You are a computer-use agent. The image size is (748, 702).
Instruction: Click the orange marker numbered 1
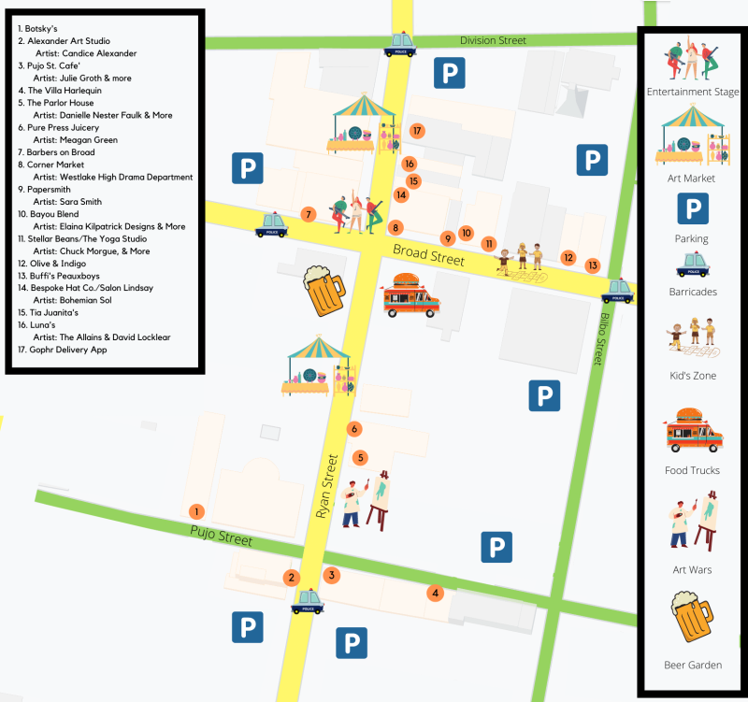[x=196, y=511]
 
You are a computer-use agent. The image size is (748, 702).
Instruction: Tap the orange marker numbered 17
[x=417, y=131]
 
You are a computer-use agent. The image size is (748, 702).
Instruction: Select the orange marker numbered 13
[x=592, y=265]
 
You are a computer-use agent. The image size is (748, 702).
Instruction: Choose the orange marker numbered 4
[x=434, y=593]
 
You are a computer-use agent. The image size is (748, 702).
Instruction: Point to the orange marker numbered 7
[x=308, y=215]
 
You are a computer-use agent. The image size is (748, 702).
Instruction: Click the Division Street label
[x=493, y=41]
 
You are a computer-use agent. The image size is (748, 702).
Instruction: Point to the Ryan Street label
[x=325, y=486]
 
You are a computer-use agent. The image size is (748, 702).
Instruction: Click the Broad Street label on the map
[x=428, y=254]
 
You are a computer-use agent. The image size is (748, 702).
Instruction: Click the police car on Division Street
[x=401, y=45]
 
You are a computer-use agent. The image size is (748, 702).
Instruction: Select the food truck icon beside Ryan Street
[x=411, y=295]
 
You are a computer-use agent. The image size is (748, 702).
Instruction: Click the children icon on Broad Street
[x=521, y=258]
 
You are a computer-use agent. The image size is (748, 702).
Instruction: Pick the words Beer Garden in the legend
[x=692, y=665]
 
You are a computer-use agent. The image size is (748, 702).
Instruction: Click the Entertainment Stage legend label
[x=693, y=92]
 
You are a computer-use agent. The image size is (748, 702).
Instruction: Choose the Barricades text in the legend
[x=692, y=292]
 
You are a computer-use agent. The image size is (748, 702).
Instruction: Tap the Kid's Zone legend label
[x=692, y=375]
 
